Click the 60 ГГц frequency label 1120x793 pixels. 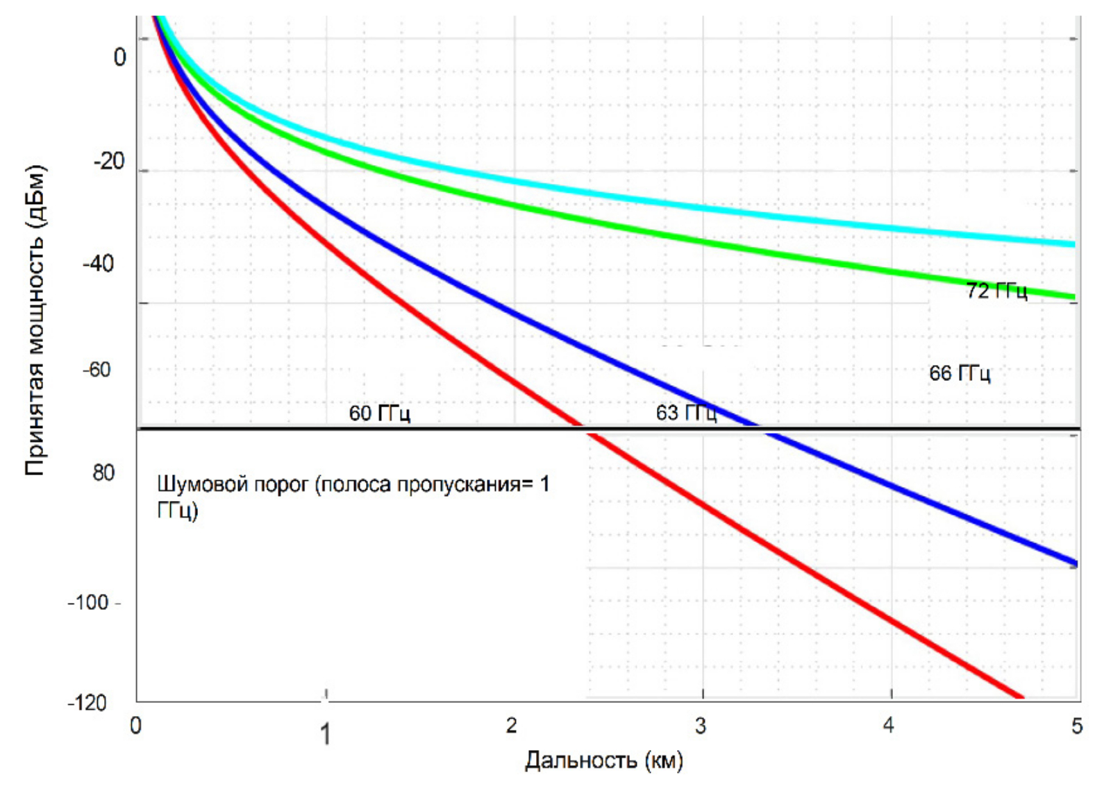(x=379, y=413)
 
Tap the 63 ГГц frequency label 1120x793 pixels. (x=686, y=413)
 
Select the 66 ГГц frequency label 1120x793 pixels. (x=960, y=373)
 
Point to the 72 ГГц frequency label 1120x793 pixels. (x=996, y=291)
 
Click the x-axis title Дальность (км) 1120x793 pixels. (x=603, y=760)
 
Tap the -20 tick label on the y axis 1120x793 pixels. (x=109, y=162)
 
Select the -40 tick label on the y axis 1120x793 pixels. (x=98, y=264)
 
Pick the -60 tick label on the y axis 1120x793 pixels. (x=97, y=370)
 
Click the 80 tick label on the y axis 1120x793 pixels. (x=103, y=473)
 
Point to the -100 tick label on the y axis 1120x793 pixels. (x=89, y=602)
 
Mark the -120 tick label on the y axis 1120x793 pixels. (x=87, y=703)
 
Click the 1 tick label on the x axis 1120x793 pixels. (x=325, y=734)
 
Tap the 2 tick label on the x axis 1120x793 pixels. (x=512, y=726)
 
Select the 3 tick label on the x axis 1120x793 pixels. (x=701, y=726)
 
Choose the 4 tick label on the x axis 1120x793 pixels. (x=889, y=726)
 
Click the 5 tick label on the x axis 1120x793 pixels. (x=1076, y=726)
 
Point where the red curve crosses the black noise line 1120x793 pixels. (x=583, y=429)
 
